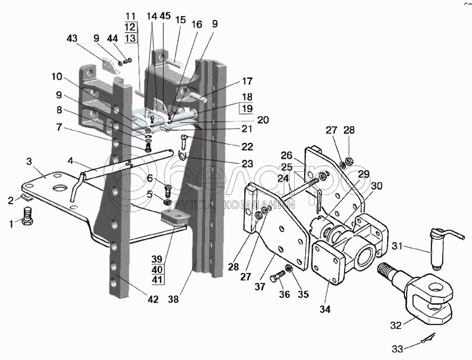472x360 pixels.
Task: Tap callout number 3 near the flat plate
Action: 28,161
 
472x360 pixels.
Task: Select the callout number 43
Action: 73,39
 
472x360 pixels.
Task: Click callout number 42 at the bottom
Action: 152,300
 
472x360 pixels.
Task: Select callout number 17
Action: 246,81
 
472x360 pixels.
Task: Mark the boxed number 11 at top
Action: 130,15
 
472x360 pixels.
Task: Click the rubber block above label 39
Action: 173,218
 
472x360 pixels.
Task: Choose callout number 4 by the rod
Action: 70,162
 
